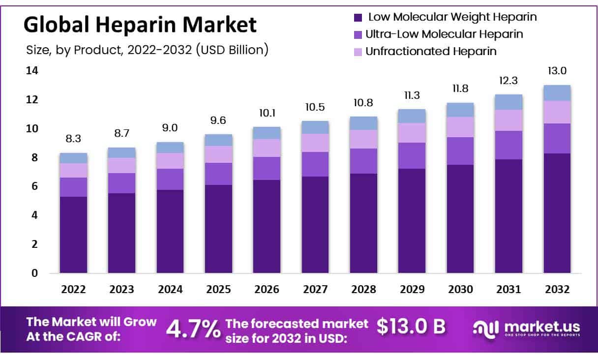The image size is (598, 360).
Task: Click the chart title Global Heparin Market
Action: [x=140, y=25]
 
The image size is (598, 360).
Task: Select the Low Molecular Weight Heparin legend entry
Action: [x=452, y=17]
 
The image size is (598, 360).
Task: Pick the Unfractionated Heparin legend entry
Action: [x=431, y=51]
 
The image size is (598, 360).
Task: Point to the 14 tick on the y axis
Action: [x=32, y=71]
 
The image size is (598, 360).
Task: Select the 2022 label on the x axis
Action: [x=73, y=290]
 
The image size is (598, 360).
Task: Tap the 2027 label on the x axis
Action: [x=315, y=290]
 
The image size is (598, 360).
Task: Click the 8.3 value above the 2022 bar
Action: [x=73, y=139]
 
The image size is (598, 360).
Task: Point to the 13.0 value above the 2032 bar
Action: [x=557, y=71]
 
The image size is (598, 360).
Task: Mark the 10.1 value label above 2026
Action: [x=267, y=113]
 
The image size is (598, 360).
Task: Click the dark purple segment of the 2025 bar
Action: [x=218, y=229]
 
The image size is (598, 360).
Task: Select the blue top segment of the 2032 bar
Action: [x=557, y=93]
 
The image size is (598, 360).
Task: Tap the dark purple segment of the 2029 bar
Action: [x=412, y=221]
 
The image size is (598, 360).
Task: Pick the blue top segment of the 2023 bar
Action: [x=121, y=152]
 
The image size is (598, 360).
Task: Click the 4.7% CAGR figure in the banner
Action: [x=193, y=330]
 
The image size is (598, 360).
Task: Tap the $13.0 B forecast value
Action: [x=411, y=326]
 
